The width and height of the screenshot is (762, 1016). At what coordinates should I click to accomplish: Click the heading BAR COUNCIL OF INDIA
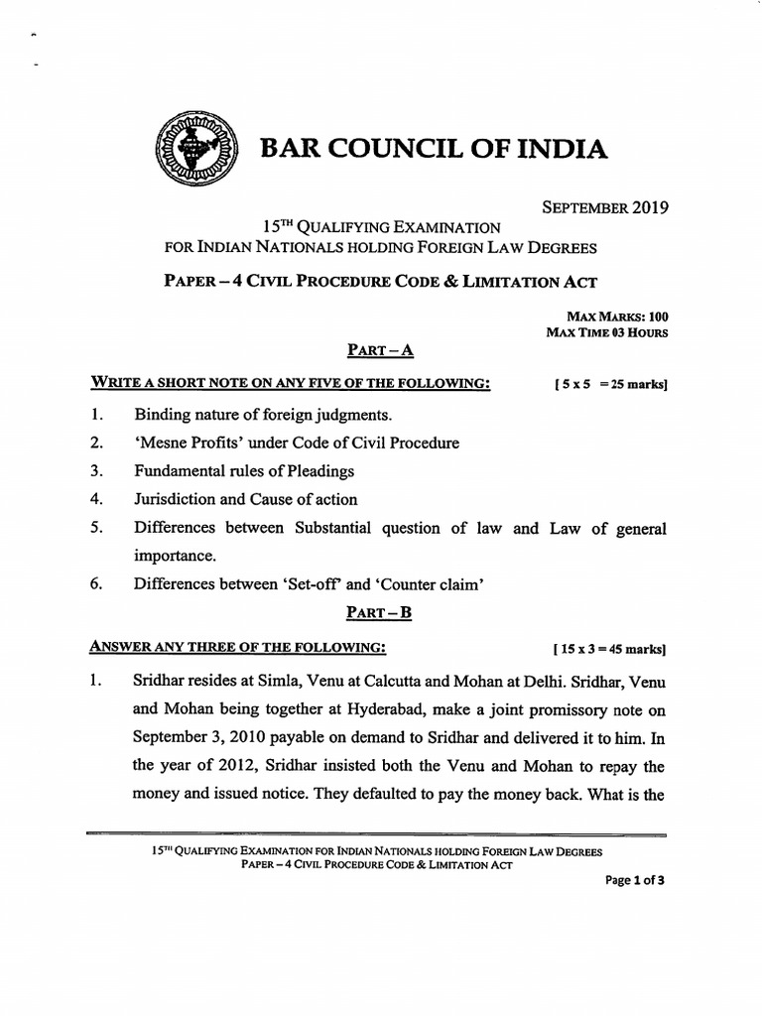pos(432,150)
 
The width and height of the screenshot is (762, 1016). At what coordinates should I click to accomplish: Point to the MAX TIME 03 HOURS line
pos(606,332)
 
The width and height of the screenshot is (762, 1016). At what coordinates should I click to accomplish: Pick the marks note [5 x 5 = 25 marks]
pos(609,384)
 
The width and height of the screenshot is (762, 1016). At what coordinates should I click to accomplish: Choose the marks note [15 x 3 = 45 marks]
pos(608,649)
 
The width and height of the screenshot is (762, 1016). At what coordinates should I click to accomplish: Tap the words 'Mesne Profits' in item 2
pos(185,443)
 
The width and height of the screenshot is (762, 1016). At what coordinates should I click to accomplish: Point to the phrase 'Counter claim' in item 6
pos(434,584)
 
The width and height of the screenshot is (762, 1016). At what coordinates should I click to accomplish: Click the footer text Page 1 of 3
pos(635,879)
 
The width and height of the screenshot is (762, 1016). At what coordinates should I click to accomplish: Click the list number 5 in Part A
pos(97,529)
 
